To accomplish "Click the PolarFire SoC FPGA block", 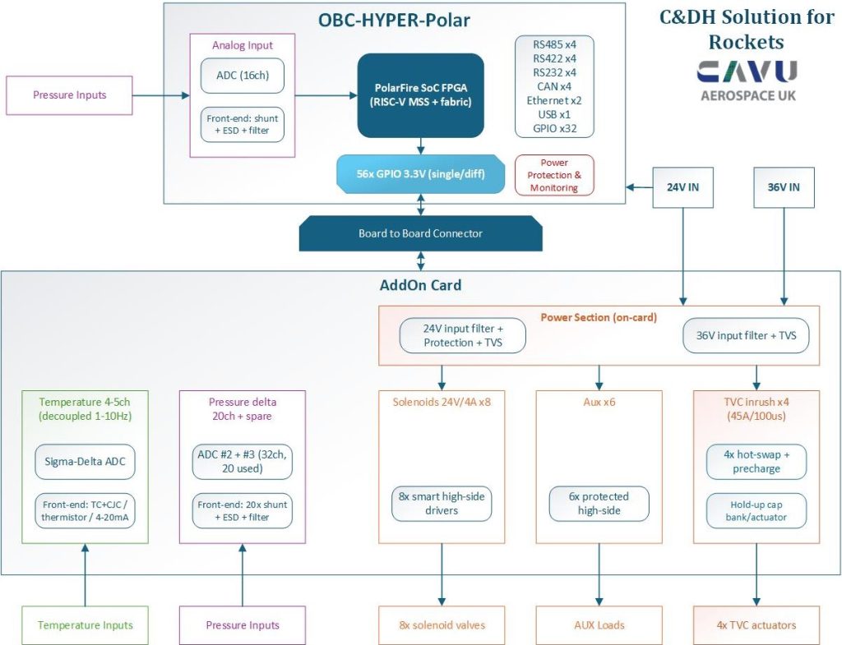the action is (x=420, y=95).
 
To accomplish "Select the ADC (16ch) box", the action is (x=243, y=76).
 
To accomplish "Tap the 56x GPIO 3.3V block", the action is (x=420, y=174).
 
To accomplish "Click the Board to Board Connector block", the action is (x=420, y=233).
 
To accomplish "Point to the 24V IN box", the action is (x=682, y=187).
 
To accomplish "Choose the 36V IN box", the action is (x=784, y=187).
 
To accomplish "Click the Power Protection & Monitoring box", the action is (x=554, y=175).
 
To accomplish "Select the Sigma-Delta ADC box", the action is (x=85, y=462).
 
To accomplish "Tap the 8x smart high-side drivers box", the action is (x=442, y=504).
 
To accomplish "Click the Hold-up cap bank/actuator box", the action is (x=756, y=511).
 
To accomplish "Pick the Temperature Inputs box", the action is (x=85, y=625).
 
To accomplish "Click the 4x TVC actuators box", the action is (x=756, y=625).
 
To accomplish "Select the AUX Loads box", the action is (x=599, y=625).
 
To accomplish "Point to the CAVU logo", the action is (x=747, y=81).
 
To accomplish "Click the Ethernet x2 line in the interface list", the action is (x=554, y=100).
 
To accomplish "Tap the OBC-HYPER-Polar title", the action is (x=394, y=21).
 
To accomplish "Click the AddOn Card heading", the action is (x=420, y=285).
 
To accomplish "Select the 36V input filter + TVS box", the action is (x=746, y=335).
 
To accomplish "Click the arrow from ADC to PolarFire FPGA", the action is (x=326, y=95).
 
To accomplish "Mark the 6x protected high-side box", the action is (x=599, y=504).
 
